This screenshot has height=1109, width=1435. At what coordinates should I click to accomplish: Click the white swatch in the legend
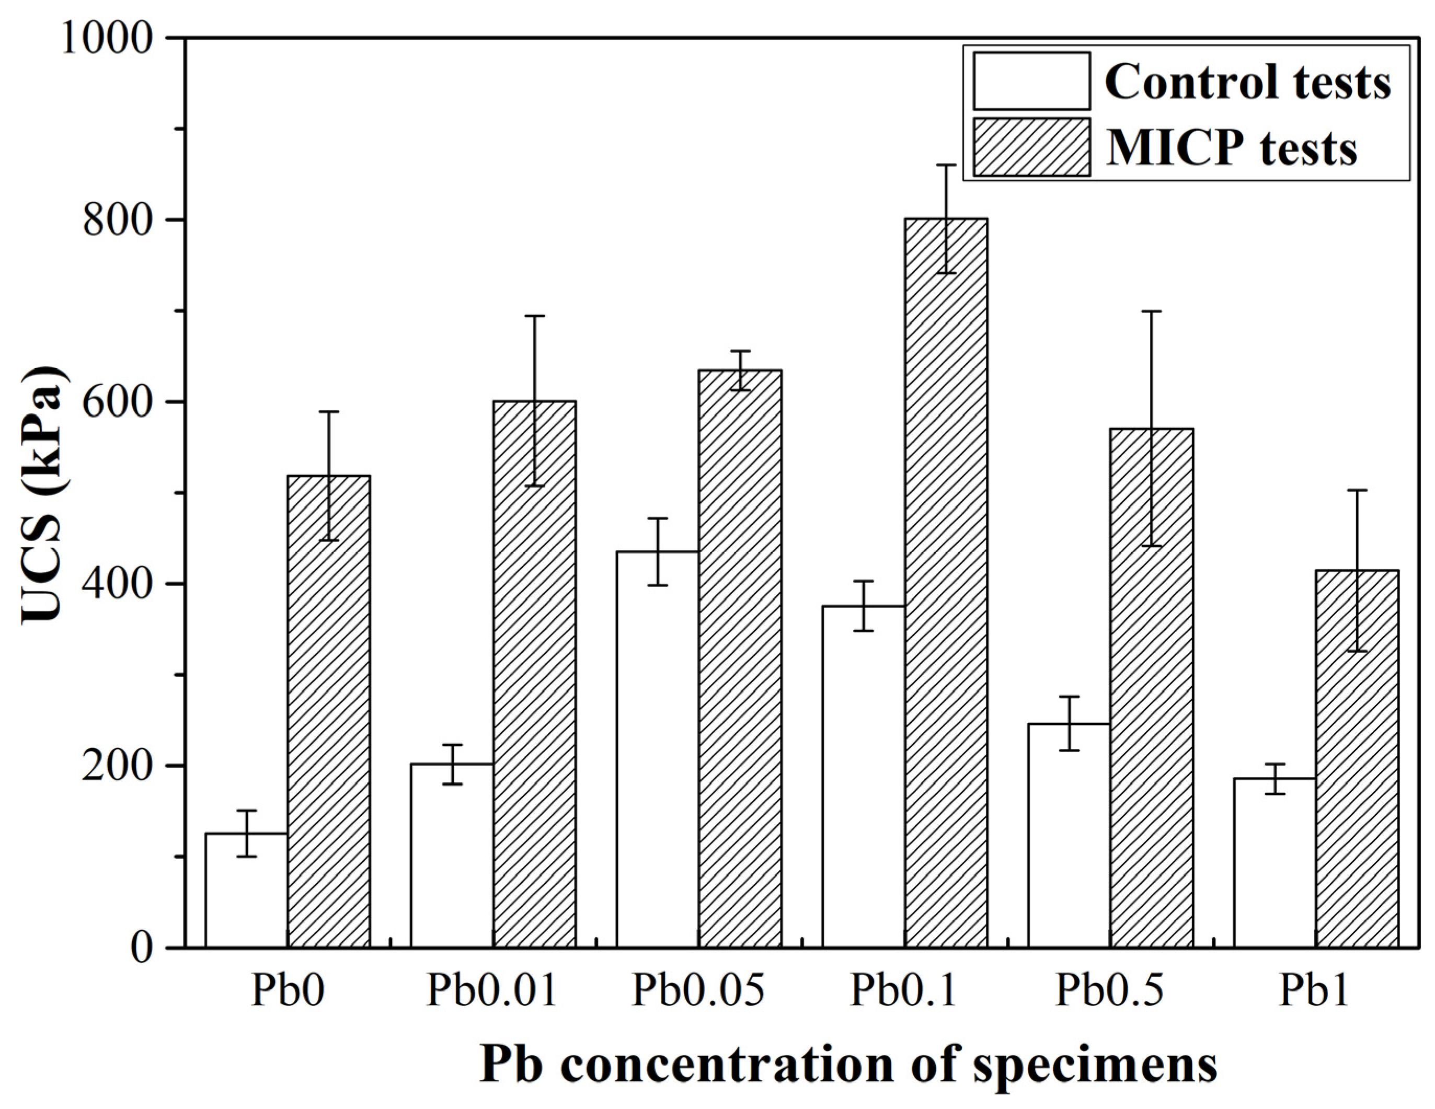coord(1031,82)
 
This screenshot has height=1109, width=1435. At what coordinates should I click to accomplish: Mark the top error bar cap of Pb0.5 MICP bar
coord(1152,311)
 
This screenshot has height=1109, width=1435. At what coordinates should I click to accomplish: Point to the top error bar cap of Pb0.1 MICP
coord(946,165)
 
